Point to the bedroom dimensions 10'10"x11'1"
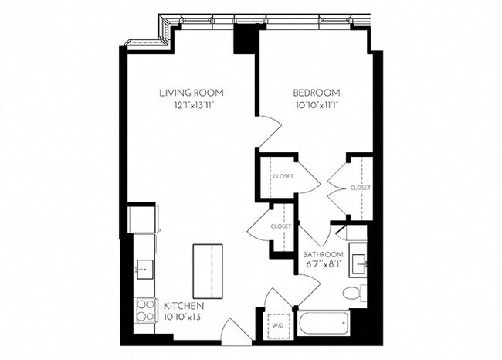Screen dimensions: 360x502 [x=313, y=104]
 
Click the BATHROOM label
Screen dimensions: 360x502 [x=323, y=254]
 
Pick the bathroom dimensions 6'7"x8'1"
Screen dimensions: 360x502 [x=323, y=264]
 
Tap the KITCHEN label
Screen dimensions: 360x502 [x=183, y=306]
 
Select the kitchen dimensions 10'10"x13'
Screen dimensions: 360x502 [x=183, y=316]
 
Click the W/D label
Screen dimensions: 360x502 [x=276, y=324]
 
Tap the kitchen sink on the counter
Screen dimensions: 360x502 [x=143, y=268]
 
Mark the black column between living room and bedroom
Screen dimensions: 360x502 [x=246, y=39]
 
